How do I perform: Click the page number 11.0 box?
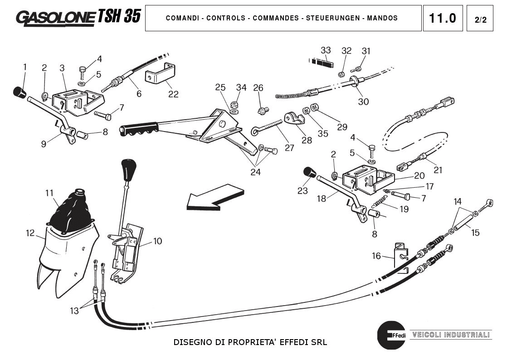[x=443, y=18]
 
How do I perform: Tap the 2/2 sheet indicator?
[x=480, y=19]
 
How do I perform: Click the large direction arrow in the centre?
[x=213, y=199]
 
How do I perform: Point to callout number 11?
[x=49, y=193]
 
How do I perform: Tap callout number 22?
[x=173, y=94]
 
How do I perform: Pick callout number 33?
[x=326, y=50]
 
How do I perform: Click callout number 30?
[x=363, y=102]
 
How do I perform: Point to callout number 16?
[x=376, y=256]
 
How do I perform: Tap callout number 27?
[x=289, y=148]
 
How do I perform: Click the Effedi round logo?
[x=391, y=336]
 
